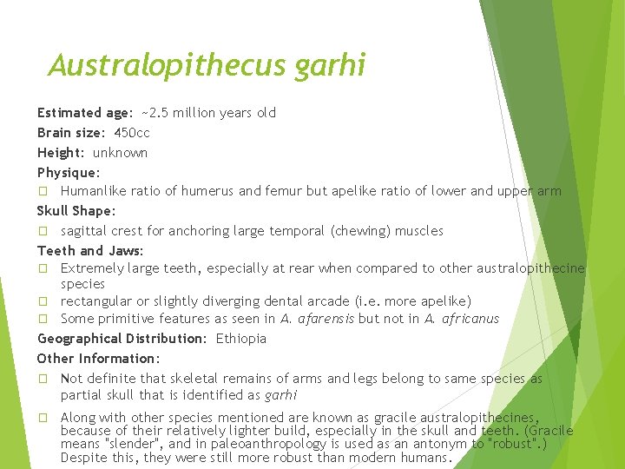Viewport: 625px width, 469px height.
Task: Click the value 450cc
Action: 132,133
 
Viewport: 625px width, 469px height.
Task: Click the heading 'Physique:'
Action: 69,173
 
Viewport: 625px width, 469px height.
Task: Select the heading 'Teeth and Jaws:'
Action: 90,251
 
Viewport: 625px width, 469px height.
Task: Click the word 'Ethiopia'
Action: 241,339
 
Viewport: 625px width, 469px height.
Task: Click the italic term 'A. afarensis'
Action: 318,319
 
